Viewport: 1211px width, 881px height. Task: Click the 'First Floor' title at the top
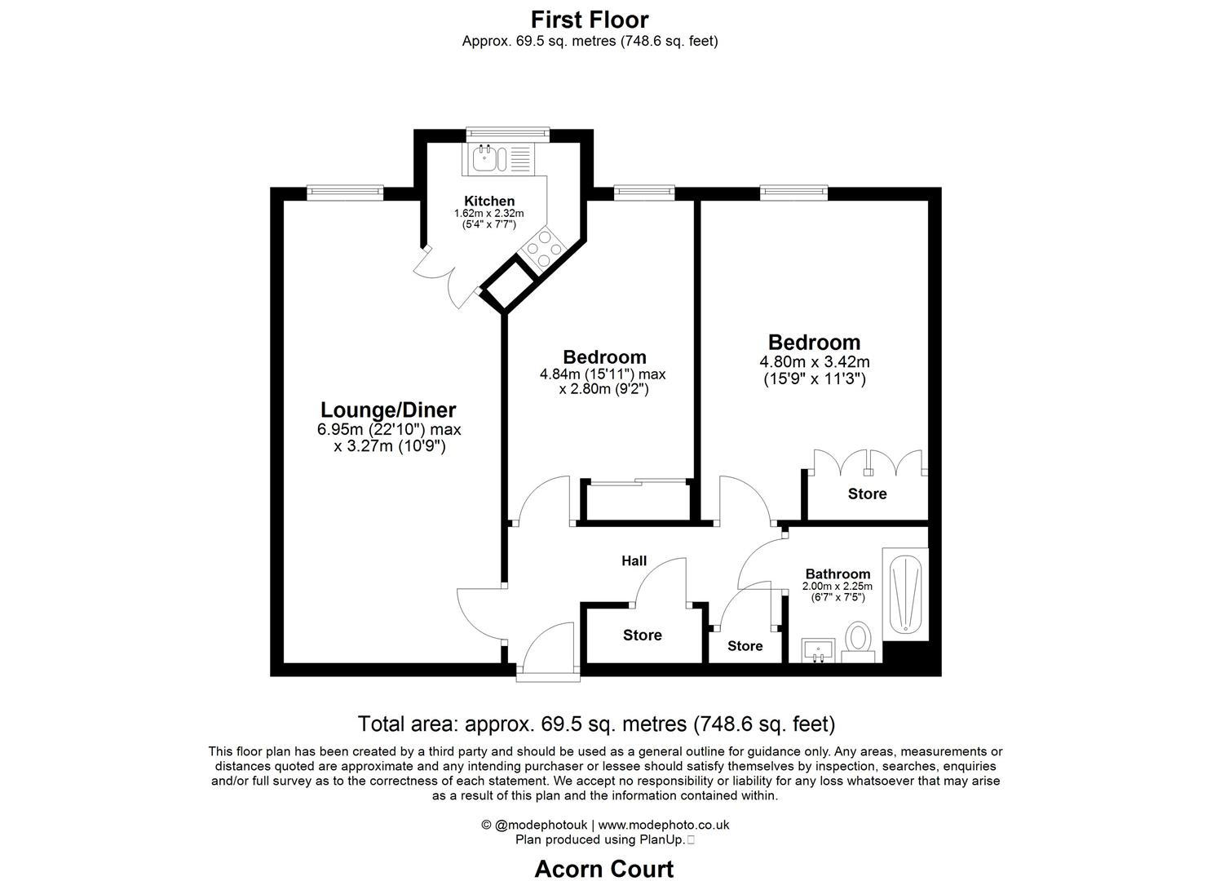pos(590,19)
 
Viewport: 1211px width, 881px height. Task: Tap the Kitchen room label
pos(489,201)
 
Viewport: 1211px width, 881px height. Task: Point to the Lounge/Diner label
pos(388,410)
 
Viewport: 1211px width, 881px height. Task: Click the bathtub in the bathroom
pos(905,595)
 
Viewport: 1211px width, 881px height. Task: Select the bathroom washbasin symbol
pos(818,651)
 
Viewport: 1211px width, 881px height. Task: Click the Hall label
pos(634,560)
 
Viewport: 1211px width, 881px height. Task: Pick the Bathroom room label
pos(838,574)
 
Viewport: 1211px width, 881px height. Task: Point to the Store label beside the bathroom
pos(745,646)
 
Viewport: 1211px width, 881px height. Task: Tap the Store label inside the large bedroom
pos(867,494)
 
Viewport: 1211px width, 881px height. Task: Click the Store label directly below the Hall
pos(643,635)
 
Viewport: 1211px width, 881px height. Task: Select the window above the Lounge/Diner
pos(345,193)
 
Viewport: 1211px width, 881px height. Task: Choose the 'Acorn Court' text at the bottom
pos(604,869)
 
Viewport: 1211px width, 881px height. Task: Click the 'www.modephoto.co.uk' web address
pos(664,825)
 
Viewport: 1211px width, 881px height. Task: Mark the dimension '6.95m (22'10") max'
pos(389,430)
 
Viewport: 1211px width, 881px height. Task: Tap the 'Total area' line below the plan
pos(596,724)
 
